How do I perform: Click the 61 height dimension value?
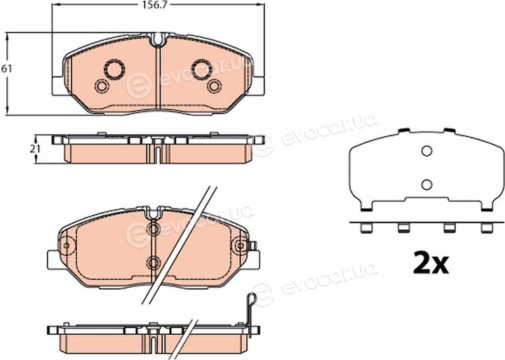(x=6, y=69)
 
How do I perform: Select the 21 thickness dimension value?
(x=36, y=149)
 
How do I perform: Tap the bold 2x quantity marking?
(x=431, y=262)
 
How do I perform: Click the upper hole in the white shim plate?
(x=426, y=151)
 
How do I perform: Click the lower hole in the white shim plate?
(x=426, y=185)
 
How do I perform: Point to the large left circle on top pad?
(x=114, y=69)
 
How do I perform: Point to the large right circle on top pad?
(x=201, y=69)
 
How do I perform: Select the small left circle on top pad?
(x=102, y=86)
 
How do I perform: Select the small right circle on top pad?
(x=214, y=86)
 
